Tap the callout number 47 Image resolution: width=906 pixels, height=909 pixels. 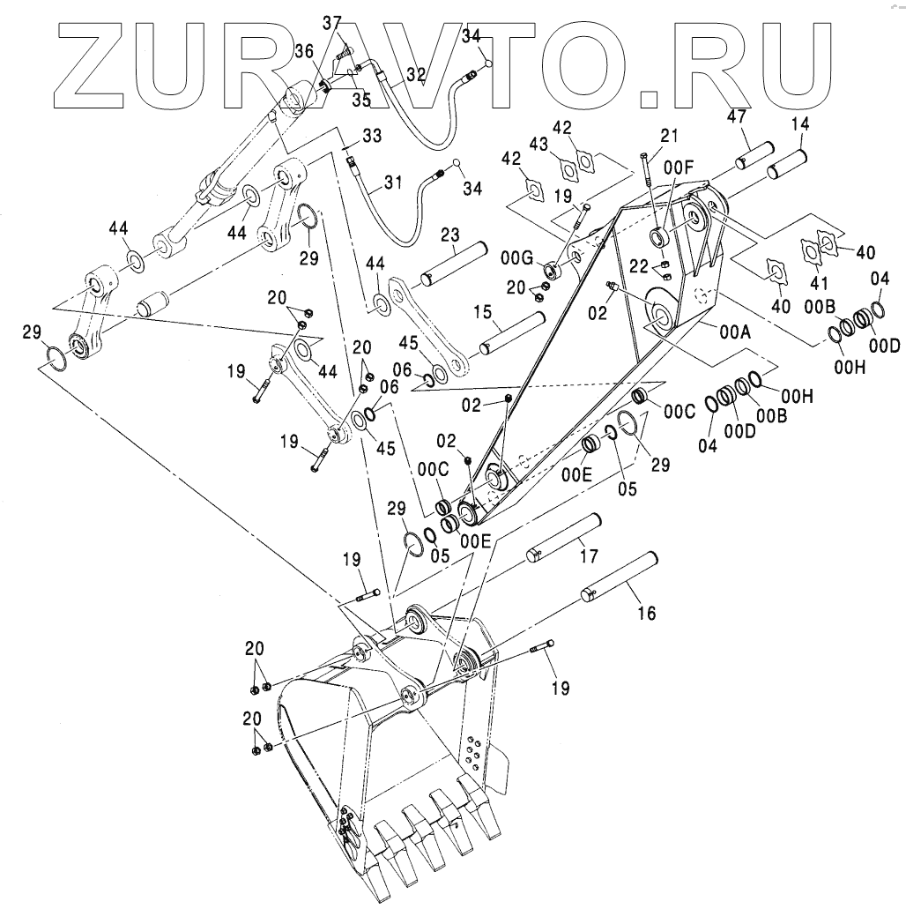point(736,115)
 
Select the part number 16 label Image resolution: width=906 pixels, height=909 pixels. point(646,614)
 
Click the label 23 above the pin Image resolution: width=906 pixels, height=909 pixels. point(450,236)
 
